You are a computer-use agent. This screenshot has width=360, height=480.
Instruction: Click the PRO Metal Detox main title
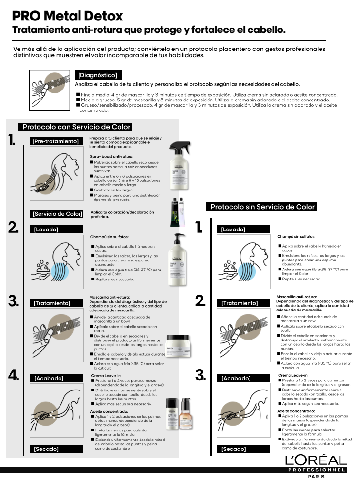68,16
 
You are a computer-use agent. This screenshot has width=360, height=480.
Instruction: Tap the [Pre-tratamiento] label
55,141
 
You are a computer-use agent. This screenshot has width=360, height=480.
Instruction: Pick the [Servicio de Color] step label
57,214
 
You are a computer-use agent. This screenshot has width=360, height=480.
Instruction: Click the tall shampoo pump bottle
179,260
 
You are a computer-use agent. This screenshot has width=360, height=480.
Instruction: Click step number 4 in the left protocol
13,375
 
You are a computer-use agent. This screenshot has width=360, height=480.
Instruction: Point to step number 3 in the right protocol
200,375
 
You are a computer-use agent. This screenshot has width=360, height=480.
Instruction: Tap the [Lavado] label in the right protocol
233,230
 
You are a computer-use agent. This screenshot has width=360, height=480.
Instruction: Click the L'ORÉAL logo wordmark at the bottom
316,460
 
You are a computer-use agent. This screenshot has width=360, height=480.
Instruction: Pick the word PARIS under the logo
316,476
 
